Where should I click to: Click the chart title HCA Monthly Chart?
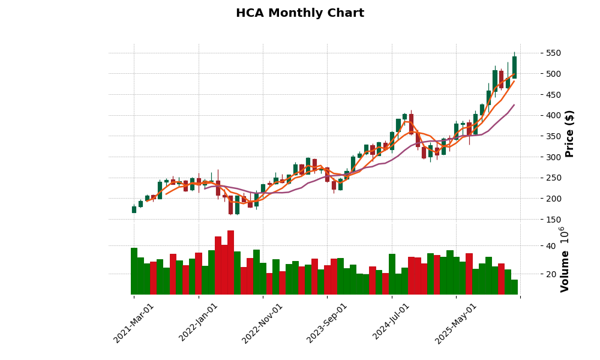pos(299,13)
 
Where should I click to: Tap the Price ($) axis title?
pos(570,133)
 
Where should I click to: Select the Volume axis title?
pos(565,259)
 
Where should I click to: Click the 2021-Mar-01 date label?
pos(133,323)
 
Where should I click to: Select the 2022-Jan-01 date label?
pos(198,323)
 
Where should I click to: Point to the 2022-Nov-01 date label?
pos(262,323)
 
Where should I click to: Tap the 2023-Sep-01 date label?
pos(326,323)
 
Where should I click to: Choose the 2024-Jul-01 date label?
pos(391,323)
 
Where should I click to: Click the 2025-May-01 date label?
pos(455,323)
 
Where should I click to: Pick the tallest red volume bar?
pos(230,262)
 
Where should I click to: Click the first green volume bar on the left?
pos(134,271)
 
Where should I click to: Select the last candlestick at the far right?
pos(514,67)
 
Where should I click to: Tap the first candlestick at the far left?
pos(134,209)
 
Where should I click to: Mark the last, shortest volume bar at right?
pos(514,287)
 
